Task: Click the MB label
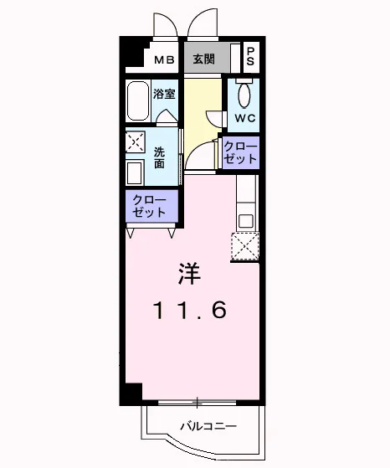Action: point(164,60)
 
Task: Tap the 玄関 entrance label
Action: point(204,59)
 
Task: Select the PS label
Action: point(250,57)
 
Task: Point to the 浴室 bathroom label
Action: point(164,95)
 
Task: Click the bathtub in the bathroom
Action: point(137,100)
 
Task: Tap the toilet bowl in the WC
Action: point(244,95)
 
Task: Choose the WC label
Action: point(245,118)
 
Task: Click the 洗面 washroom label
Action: point(159,158)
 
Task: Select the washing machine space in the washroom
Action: point(136,141)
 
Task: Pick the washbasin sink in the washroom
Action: point(135,172)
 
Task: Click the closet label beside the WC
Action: point(240,152)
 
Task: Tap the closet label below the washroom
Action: point(149,206)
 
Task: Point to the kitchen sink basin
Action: point(246,221)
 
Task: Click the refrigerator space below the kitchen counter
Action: point(245,246)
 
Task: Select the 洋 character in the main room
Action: point(189,274)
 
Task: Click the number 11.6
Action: point(190,310)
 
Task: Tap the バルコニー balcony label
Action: point(208,426)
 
